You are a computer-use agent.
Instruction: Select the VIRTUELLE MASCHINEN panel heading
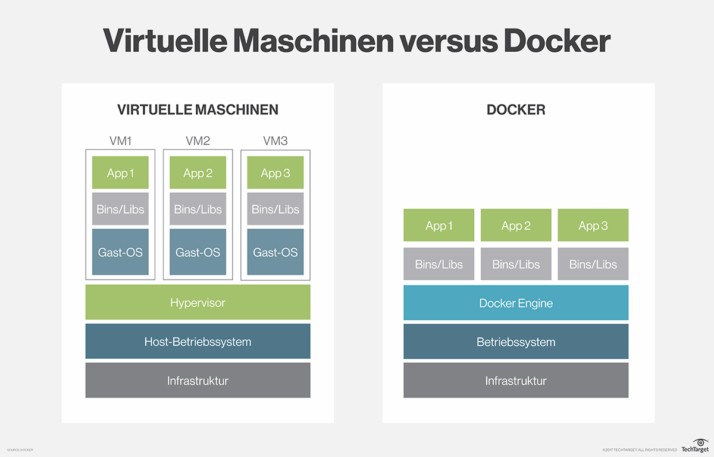click(x=198, y=109)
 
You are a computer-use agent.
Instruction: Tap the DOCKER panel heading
click(x=516, y=109)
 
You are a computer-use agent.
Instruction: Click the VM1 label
click(x=120, y=141)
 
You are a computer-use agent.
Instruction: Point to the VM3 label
click(x=275, y=141)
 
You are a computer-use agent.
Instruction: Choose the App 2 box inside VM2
click(x=198, y=173)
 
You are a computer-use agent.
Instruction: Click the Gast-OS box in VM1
click(x=120, y=252)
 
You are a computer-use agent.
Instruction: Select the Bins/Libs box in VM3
click(x=275, y=209)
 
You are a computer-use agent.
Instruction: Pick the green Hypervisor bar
click(x=198, y=302)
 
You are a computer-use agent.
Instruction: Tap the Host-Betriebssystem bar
click(x=198, y=342)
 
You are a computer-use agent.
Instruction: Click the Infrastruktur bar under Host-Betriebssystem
click(x=198, y=380)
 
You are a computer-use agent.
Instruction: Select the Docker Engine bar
click(x=516, y=303)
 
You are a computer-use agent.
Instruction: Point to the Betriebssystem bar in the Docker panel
click(x=516, y=342)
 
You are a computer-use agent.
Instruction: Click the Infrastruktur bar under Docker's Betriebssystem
click(x=516, y=380)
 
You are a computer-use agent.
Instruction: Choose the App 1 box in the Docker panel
click(x=439, y=226)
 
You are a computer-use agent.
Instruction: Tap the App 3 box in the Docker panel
click(x=593, y=226)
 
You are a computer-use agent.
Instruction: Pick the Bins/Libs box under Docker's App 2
click(x=516, y=264)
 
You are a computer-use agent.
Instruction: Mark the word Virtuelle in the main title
click(x=167, y=41)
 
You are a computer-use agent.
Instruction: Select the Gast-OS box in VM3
click(x=275, y=252)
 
